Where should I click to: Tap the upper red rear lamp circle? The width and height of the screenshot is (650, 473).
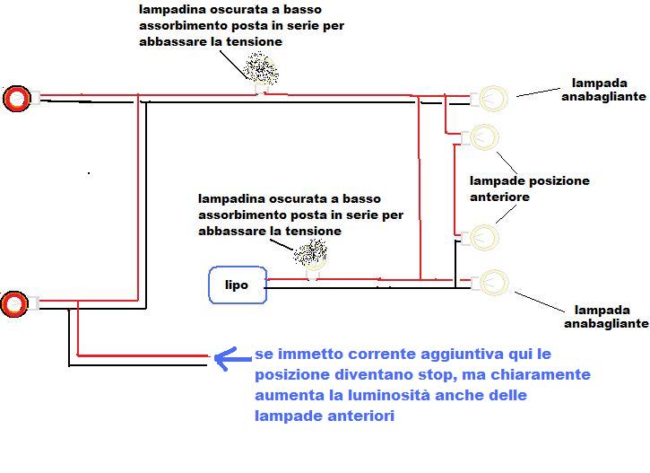[x=17, y=99]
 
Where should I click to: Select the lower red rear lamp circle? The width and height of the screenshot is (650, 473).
[x=14, y=304]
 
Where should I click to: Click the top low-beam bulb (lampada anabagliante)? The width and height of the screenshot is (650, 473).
[x=493, y=99]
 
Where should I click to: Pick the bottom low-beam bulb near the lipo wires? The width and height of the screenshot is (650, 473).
[x=494, y=283]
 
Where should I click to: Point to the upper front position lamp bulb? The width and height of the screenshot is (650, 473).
[x=484, y=137]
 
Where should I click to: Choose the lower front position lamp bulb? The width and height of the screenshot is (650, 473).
[x=484, y=237]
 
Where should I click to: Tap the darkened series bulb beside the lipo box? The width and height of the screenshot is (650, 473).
[x=310, y=253]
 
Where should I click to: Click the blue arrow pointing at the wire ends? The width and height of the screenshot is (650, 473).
[x=233, y=358]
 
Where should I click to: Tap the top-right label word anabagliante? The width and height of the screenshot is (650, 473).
[x=603, y=97]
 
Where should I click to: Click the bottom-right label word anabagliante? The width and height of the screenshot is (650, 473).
[x=606, y=324]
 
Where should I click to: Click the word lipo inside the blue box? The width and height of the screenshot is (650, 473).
[x=237, y=285]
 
